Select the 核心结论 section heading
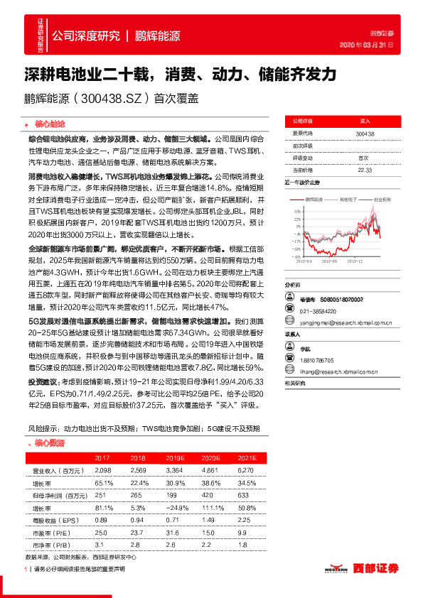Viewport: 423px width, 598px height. [x=49, y=123]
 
